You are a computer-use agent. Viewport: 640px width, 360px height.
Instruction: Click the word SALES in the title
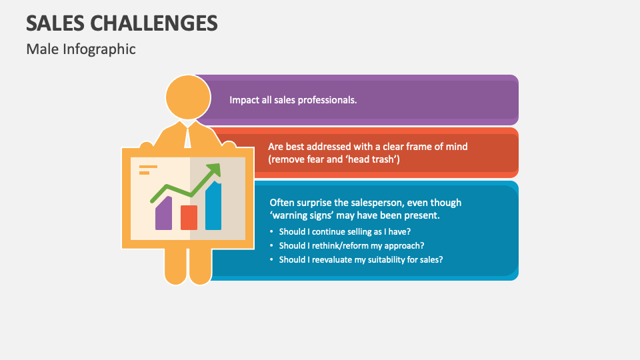[55, 23]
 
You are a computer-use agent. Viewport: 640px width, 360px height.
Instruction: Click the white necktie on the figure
[188, 136]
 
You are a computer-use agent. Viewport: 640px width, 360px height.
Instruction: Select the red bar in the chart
[189, 217]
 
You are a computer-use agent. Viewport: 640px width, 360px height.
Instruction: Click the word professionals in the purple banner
[327, 100]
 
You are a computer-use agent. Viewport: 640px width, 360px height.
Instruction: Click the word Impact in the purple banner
[243, 100]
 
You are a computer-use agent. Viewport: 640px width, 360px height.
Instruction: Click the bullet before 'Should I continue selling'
[272, 231]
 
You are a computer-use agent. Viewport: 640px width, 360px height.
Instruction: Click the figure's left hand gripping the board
[145, 145]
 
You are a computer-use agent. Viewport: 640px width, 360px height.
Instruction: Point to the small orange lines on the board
[147, 169]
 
